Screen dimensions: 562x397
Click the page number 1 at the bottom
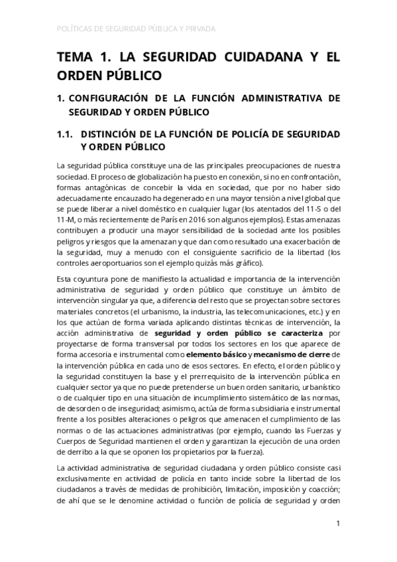pos(338,524)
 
